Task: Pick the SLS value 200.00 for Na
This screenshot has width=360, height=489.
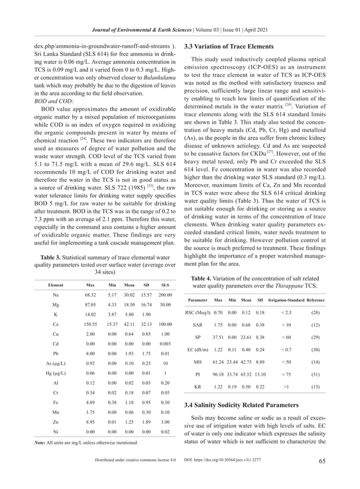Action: (165, 295)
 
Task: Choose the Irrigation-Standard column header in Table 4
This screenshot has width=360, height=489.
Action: (287, 300)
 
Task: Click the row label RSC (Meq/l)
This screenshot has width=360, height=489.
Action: (198, 312)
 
